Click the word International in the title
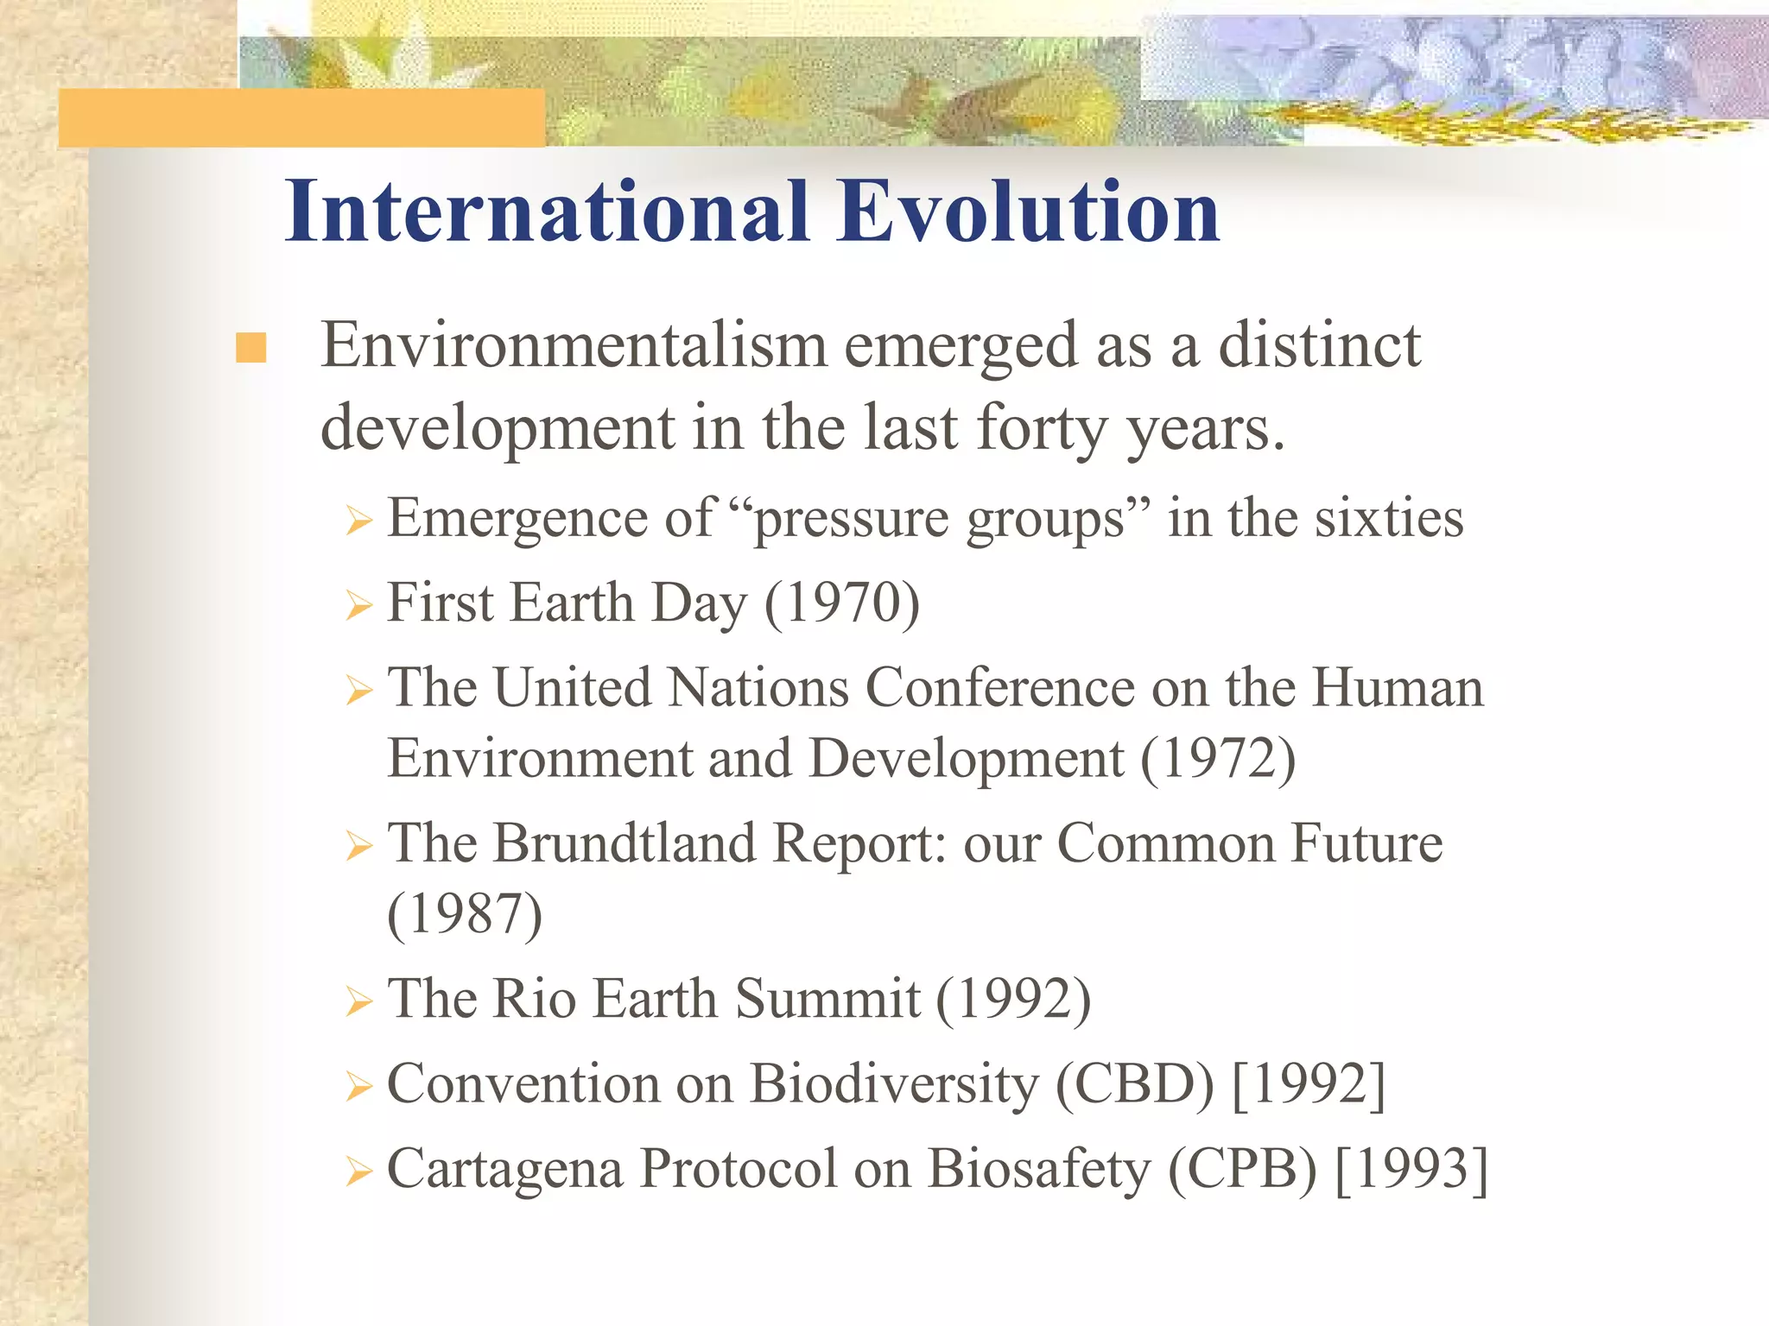pyautogui.click(x=548, y=212)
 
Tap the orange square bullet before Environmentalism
pyautogui.click(x=250, y=348)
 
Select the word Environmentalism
pyautogui.click(x=574, y=345)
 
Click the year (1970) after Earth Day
pyautogui.click(x=842, y=603)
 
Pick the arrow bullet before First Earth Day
pyautogui.click(x=358, y=605)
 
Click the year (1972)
pyautogui.click(x=1218, y=759)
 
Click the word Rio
pyautogui.click(x=534, y=999)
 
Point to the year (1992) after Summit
pyautogui.click(x=1013, y=999)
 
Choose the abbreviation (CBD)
pyautogui.click(x=1134, y=1083)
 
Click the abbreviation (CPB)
pyautogui.click(x=1242, y=1169)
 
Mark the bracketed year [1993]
pyautogui.click(x=1411, y=1169)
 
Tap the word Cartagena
pyautogui.click(x=504, y=1171)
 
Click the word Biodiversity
pyautogui.click(x=894, y=1083)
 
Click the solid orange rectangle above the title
pyautogui.click(x=301, y=117)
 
